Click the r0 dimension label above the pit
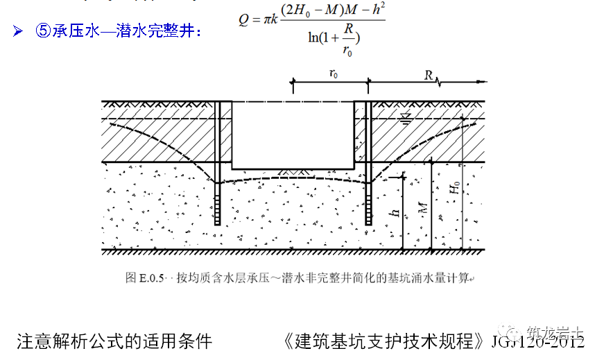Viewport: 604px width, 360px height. [334, 74]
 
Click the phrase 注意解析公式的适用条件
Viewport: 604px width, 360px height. [114, 341]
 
